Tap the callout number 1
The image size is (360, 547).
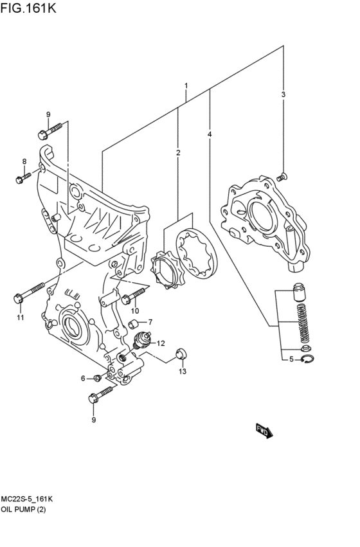pyautogui.click(x=186, y=86)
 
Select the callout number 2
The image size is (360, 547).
pyautogui.click(x=178, y=152)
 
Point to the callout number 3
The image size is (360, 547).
pyautogui.click(x=210, y=134)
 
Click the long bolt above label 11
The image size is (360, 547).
pyautogui.click(x=29, y=292)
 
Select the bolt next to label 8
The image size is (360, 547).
pyautogui.click(x=24, y=177)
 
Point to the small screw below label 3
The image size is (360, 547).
pyautogui.click(x=283, y=175)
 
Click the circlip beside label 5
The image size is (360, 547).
pyautogui.click(x=308, y=360)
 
